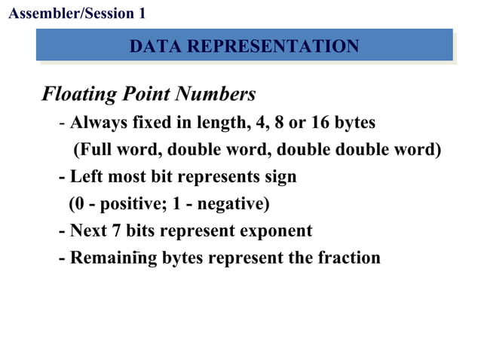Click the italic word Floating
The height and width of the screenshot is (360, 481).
tap(79, 96)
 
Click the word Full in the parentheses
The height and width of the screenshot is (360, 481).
tap(94, 149)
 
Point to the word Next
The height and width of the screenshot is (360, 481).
tap(87, 231)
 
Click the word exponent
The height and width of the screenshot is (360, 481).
tap(273, 231)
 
